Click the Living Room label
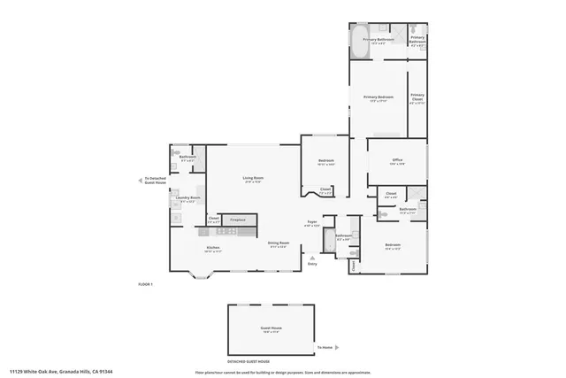254,178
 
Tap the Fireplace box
238,220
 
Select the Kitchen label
213,247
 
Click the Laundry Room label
188,198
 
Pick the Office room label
397,160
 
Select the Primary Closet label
417,99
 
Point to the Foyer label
312,222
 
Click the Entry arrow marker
311,257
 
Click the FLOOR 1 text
146,284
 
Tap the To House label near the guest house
325,348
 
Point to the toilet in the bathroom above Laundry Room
174,152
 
